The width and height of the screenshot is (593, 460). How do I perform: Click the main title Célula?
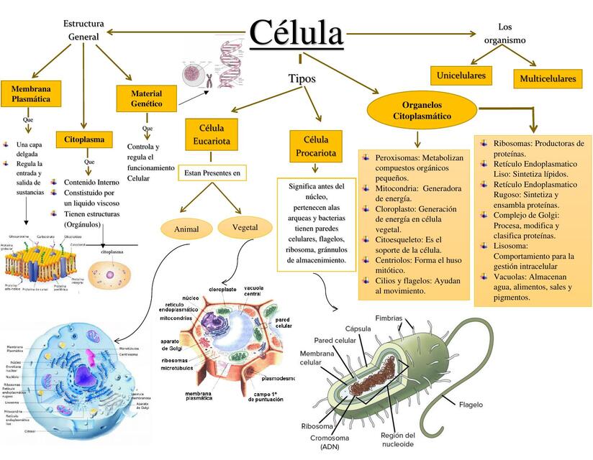click(296, 32)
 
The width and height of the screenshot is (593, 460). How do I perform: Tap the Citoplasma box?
click(84, 139)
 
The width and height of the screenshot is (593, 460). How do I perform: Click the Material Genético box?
click(146, 98)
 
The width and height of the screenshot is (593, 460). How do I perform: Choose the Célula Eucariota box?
click(212, 134)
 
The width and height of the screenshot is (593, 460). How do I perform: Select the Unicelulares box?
click(460, 75)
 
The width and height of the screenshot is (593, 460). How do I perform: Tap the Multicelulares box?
click(548, 78)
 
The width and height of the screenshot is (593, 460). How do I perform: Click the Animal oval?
click(186, 229)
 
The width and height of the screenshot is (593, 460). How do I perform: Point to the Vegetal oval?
click(245, 227)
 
